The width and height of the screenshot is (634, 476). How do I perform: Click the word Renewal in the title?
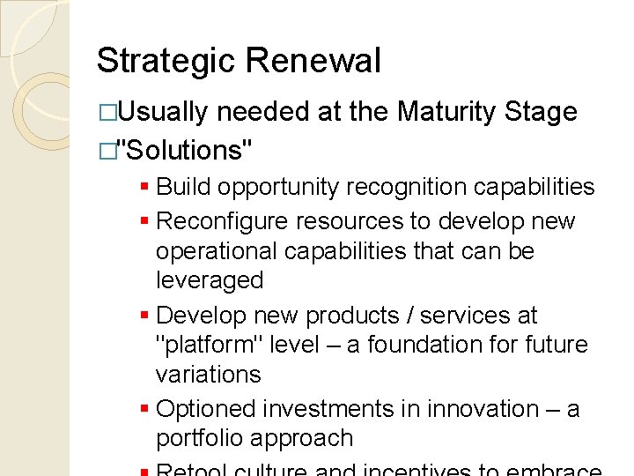click(x=313, y=61)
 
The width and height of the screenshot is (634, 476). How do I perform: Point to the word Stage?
click(x=542, y=112)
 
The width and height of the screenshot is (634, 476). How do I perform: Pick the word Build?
click(x=183, y=187)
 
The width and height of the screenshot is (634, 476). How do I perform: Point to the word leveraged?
click(x=210, y=280)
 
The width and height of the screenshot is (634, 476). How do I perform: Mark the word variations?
click(x=208, y=374)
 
